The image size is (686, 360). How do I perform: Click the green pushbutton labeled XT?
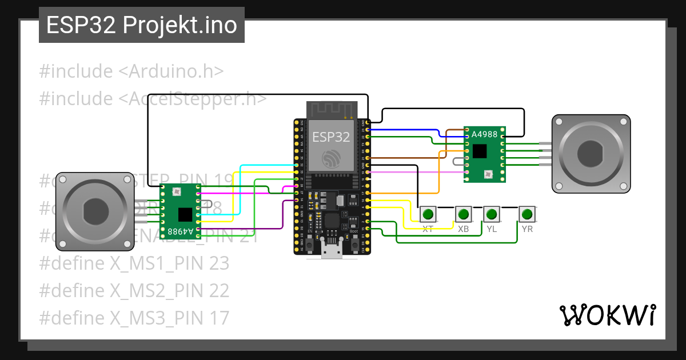coord(428,215)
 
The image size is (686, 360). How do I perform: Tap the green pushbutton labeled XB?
coord(463,215)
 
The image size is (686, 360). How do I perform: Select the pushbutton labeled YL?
coord(492,215)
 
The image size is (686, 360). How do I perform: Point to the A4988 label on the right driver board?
coord(484,134)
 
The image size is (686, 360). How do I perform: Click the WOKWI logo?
coord(607,315)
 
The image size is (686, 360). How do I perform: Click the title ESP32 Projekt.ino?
coord(142,26)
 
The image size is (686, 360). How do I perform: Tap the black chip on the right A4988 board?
coord(480,151)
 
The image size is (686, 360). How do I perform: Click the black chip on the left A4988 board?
coord(185,214)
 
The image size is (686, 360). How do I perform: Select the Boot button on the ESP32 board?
coord(354,245)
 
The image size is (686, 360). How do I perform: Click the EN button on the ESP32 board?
coord(309,245)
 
